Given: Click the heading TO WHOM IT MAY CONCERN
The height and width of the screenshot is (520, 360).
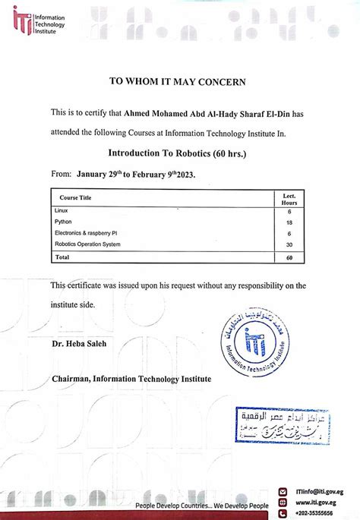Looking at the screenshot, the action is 180,80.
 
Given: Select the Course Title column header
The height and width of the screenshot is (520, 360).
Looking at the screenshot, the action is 75,197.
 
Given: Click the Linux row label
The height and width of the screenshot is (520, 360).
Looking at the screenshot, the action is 62,210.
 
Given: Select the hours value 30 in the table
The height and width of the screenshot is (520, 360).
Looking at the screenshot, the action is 289,244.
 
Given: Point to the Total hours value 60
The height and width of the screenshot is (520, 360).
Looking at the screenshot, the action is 289,257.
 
